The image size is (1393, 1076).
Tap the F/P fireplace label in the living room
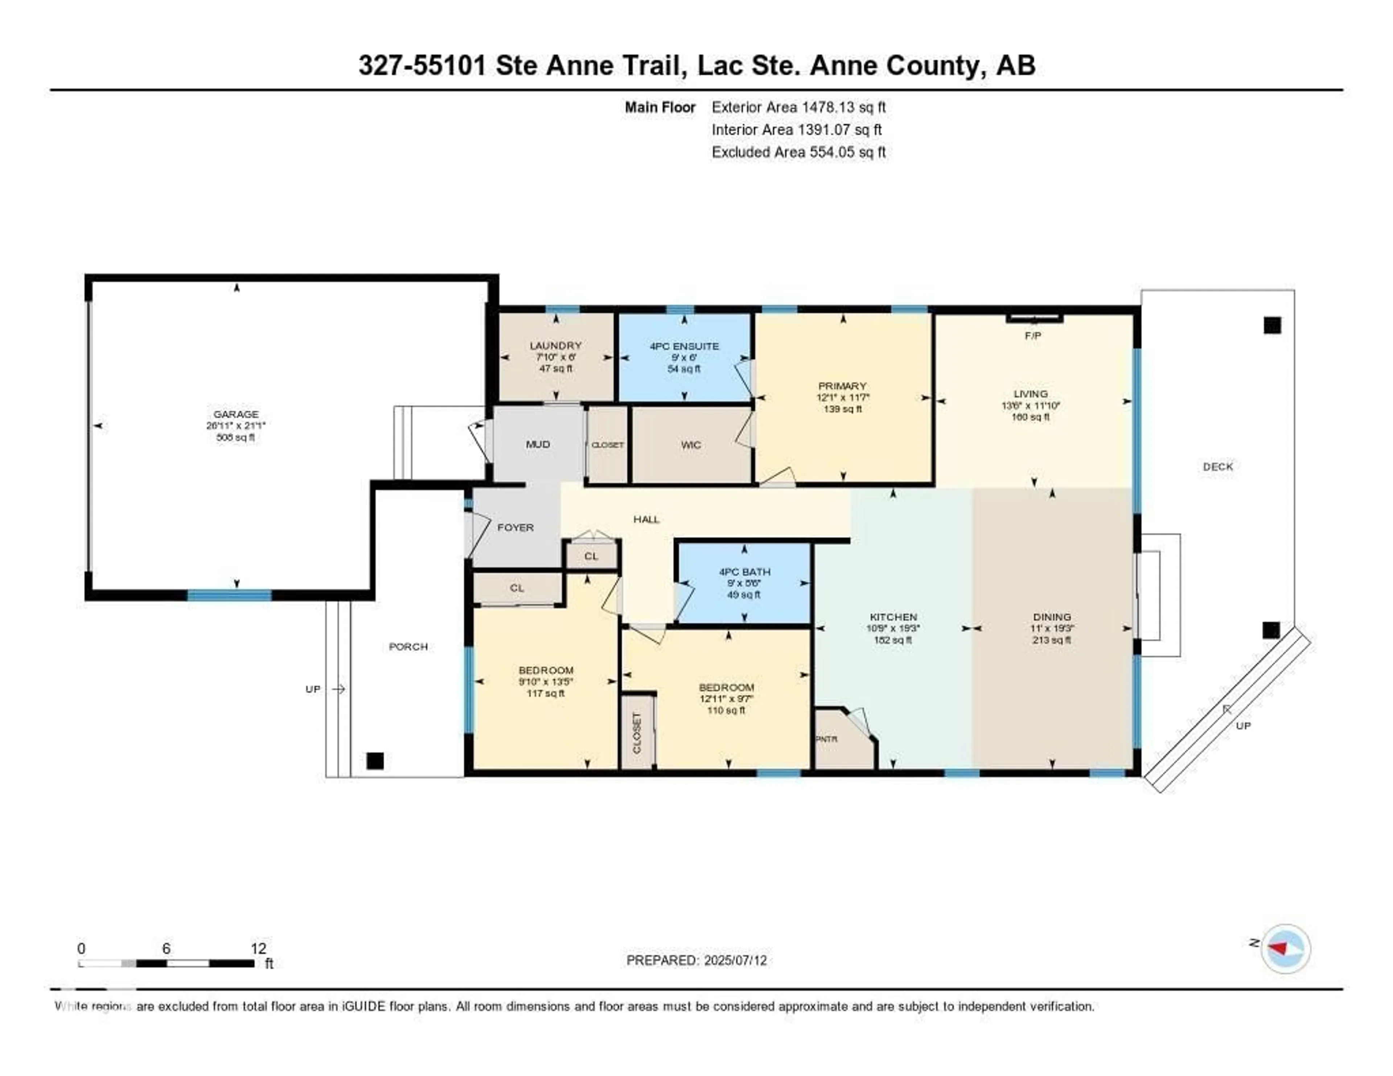tap(1033, 336)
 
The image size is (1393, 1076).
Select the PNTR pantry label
tap(827, 739)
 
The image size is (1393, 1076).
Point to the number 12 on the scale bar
tap(258, 948)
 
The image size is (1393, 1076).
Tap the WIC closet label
tap(691, 444)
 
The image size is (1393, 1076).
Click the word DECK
tap(1217, 466)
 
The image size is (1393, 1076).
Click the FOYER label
tap(515, 527)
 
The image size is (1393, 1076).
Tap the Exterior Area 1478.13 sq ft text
tap(798, 107)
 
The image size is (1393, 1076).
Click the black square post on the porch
tap(375, 760)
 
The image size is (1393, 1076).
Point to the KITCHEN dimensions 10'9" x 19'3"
tap(893, 628)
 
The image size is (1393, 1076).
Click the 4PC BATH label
tap(744, 571)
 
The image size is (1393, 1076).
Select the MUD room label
tap(538, 444)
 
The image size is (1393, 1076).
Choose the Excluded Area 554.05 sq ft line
tap(798, 152)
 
